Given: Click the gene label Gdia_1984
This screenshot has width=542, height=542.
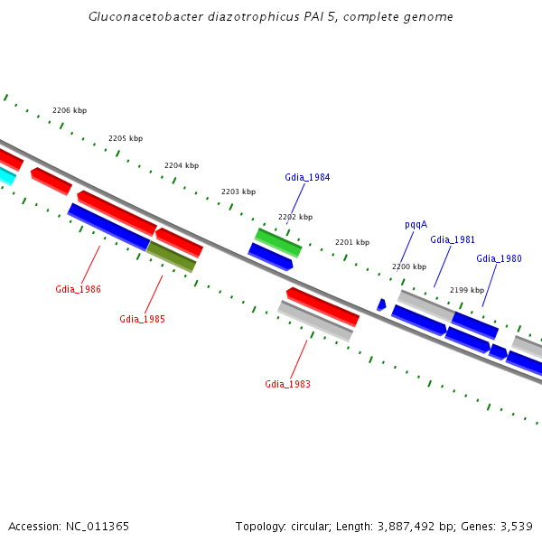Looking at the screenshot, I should click(x=307, y=177).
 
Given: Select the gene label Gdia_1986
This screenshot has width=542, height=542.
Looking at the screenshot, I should click(x=78, y=290).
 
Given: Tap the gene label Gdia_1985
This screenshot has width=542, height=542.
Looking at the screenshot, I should click(x=142, y=319).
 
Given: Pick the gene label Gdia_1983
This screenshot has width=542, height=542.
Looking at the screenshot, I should click(x=287, y=384).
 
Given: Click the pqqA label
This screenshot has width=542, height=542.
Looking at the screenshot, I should click(x=416, y=224).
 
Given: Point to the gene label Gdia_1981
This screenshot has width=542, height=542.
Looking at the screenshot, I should click(x=453, y=239).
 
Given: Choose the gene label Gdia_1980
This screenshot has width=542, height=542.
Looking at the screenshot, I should click(x=499, y=258).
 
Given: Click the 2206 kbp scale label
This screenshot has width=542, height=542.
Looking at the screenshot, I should click(x=70, y=110).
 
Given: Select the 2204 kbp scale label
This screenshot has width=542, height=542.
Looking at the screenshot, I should click(x=182, y=165).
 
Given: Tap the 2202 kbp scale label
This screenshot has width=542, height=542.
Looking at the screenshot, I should click(x=295, y=217).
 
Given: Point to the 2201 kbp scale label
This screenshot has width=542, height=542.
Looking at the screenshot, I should click(x=352, y=242).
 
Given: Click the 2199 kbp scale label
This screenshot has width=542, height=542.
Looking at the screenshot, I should click(x=466, y=290).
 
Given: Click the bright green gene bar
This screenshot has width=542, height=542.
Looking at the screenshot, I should click(x=278, y=242).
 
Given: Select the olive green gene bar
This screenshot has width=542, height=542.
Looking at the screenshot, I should click(x=172, y=257).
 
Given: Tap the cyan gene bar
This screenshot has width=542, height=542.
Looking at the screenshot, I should click(x=5, y=174).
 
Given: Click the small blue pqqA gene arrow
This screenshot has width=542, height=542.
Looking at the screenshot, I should click(x=381, y=304).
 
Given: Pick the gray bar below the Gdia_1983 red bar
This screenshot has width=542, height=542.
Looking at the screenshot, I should click(x=314, y=321).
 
